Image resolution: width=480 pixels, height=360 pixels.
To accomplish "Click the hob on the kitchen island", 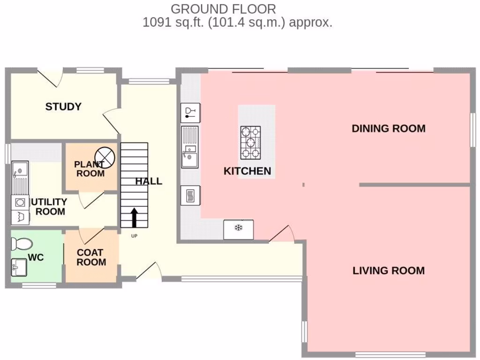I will tap(251, 142).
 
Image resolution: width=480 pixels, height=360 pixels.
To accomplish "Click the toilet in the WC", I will tap(22, 244).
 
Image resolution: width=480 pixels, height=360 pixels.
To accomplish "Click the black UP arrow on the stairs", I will tap(134, 218).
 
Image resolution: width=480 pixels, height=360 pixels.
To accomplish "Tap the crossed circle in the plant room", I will tap(105, 156).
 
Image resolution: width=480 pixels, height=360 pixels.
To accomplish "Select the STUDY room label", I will tap(63, 107).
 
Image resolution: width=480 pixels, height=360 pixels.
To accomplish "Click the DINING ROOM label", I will tap(389, 128).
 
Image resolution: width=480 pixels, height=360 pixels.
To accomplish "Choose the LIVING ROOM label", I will tap(389, 270).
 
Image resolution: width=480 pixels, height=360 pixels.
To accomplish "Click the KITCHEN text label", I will tap(247, 171).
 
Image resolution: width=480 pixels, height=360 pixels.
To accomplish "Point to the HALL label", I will tap(149, 181).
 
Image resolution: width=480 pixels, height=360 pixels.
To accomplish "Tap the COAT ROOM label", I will tap(91, 257).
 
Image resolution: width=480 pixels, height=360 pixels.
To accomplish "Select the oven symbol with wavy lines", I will tap(191, 195).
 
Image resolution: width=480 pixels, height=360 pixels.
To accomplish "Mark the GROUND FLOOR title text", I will tap(223, 8).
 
